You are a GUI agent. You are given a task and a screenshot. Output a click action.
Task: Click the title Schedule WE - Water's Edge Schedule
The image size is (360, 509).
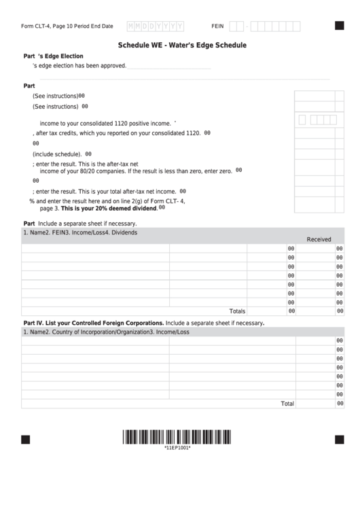[182, 45]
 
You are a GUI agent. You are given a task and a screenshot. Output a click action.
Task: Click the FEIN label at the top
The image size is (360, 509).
[217, 26]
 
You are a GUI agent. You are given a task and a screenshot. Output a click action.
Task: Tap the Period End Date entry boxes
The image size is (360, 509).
[156, 26]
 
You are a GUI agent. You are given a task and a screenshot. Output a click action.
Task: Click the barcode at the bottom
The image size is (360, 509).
[177, 437]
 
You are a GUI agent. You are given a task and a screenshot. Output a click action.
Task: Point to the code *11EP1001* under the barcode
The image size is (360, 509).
[177, 448]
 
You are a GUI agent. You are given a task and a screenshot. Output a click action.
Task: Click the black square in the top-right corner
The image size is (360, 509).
[339, 26]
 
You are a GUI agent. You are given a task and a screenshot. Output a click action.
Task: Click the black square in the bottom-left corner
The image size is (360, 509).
[26, 439]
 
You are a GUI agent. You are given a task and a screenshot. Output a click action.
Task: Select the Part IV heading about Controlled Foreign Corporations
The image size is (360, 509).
[93, 322]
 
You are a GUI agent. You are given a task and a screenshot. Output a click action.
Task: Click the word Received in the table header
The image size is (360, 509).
[319, 239]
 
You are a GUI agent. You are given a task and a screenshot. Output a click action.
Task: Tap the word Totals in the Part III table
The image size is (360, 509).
[237, 311]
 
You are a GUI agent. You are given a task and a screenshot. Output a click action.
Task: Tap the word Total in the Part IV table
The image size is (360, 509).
[287, 403]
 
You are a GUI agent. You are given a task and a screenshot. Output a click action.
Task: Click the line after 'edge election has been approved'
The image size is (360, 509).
[169, 67]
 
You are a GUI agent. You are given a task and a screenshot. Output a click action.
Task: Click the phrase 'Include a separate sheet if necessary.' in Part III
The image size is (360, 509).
[88, 223]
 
